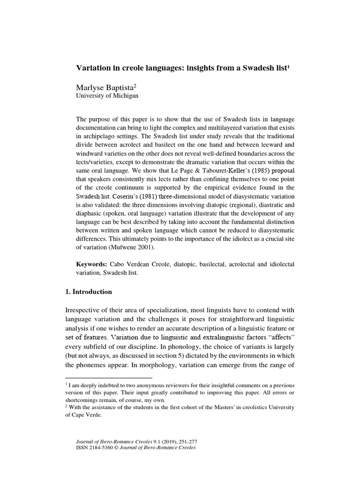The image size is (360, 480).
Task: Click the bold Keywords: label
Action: pyautogui.click(x=92, y=264)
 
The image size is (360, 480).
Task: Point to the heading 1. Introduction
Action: pyautogui.click(x=88, y=292)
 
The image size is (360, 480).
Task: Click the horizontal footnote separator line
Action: pyautogui.click(x=108, y=377)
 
